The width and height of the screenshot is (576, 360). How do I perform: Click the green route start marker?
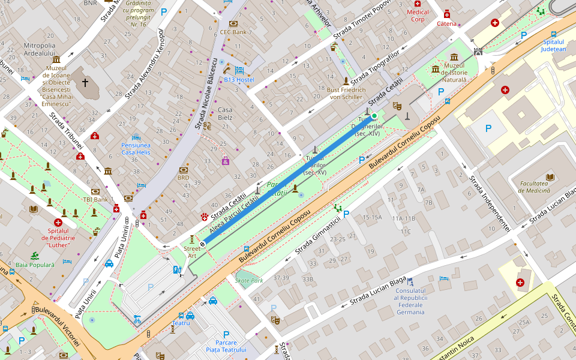374,116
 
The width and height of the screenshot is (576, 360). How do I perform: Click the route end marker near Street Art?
203,244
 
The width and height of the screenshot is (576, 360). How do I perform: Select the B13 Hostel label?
239,80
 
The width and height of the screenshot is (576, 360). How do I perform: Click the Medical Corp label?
418,16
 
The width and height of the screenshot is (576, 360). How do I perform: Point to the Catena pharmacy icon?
446,14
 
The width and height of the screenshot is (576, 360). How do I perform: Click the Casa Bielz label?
225,113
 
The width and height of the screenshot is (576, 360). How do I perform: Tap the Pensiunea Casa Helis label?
136,149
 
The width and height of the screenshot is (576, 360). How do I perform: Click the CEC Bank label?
233,32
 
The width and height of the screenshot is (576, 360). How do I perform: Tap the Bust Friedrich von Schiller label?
346,93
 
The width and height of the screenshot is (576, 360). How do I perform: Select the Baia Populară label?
35,265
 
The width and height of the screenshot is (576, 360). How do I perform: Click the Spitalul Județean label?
553,46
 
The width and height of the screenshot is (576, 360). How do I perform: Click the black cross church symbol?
85,82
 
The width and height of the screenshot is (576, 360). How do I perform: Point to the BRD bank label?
184,178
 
